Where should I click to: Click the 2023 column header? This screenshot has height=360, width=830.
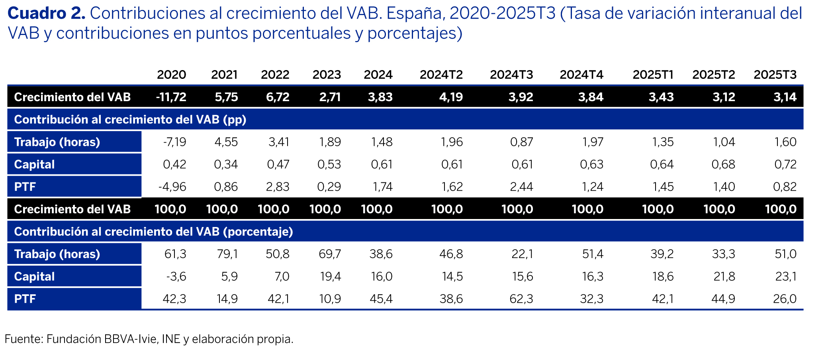click(327, 75)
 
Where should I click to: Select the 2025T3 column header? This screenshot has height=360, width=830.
click(775, 75)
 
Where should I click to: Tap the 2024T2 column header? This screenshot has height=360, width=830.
click(441, 75)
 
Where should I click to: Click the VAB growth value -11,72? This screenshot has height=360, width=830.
click(171, 97)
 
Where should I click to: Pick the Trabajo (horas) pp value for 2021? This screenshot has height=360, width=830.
click(226, 142)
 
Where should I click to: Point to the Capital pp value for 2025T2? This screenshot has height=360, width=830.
click(723, 164)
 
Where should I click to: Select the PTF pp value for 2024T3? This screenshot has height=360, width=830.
click(521, 187)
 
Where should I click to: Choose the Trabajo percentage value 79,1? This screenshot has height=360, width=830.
click(227, 254)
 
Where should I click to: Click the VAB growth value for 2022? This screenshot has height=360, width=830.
click(278, 97)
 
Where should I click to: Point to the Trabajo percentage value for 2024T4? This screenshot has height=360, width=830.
click(593, 254)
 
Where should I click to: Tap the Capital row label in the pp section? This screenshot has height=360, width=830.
click(34, 164)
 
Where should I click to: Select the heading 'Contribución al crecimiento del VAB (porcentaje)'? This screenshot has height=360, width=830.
click(153, 232)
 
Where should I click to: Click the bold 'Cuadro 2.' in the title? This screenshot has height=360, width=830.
click(46, 14)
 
